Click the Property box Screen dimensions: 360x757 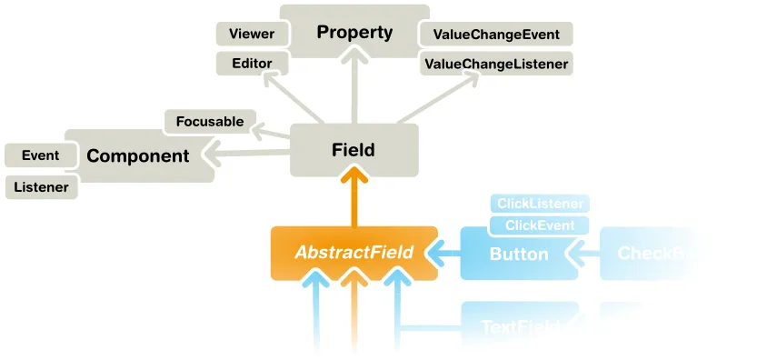click(x=354, y=33)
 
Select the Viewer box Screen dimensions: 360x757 click(x=252, y=35)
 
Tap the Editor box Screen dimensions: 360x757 click(x=252, y=64)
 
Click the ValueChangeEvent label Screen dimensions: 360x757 click(x=496, y=35)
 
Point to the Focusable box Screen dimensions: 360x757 click(x=210, y=121)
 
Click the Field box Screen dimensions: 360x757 click(x=354, y=150)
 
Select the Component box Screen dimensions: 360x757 click(x=138, y=155)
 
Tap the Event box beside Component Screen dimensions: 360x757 click(x=40, y=155)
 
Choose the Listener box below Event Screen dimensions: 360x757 click(x=42, y=187)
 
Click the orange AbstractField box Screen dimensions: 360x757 click(x=354, y=253)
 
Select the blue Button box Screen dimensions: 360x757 click(x=519, y=254)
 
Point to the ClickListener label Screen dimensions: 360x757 click(x=539, y=204)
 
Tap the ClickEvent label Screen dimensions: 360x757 click(x=539, y=225)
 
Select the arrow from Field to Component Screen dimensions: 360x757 click(x=250, y=152)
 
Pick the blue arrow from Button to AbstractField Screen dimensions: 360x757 click(x=448, y=253)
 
